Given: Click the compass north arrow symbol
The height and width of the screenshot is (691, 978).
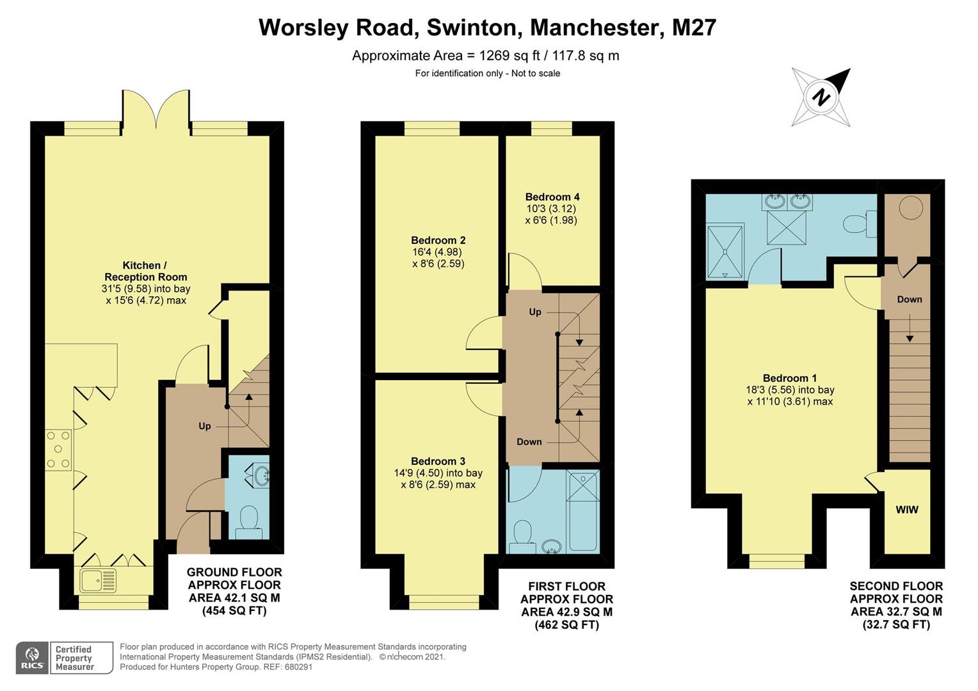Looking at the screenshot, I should (x=822, y=97).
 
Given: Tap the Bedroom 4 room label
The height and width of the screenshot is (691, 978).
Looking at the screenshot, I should (x=552, y=197).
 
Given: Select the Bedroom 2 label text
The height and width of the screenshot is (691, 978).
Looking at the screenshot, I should (x=438, y=241).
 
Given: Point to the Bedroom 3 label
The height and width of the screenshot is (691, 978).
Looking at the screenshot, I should (x=438, y=461).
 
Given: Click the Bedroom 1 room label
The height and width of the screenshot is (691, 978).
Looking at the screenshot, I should (x=789, y=378).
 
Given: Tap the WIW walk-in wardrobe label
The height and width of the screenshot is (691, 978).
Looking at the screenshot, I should (x=906, y=510).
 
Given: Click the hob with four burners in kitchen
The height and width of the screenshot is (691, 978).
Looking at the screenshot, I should (x=58, y=450).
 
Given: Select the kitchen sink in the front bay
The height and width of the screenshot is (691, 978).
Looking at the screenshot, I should (x=99, y=581).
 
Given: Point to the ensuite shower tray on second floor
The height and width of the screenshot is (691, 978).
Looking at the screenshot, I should (x=725, y=251).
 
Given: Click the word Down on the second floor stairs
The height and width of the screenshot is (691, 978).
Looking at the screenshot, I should (x=909, y=299).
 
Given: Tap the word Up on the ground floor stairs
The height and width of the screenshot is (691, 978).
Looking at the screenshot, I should (x=204, y=426).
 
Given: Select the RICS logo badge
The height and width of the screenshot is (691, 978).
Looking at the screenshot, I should (x=32, y=658).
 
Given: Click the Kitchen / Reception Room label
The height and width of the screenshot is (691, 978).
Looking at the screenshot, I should (x=146, y=271).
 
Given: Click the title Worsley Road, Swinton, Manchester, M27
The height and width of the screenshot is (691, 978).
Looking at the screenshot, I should (x=487, y=28).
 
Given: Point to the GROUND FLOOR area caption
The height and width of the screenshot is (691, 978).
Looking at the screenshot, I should (x=234, y=591).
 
